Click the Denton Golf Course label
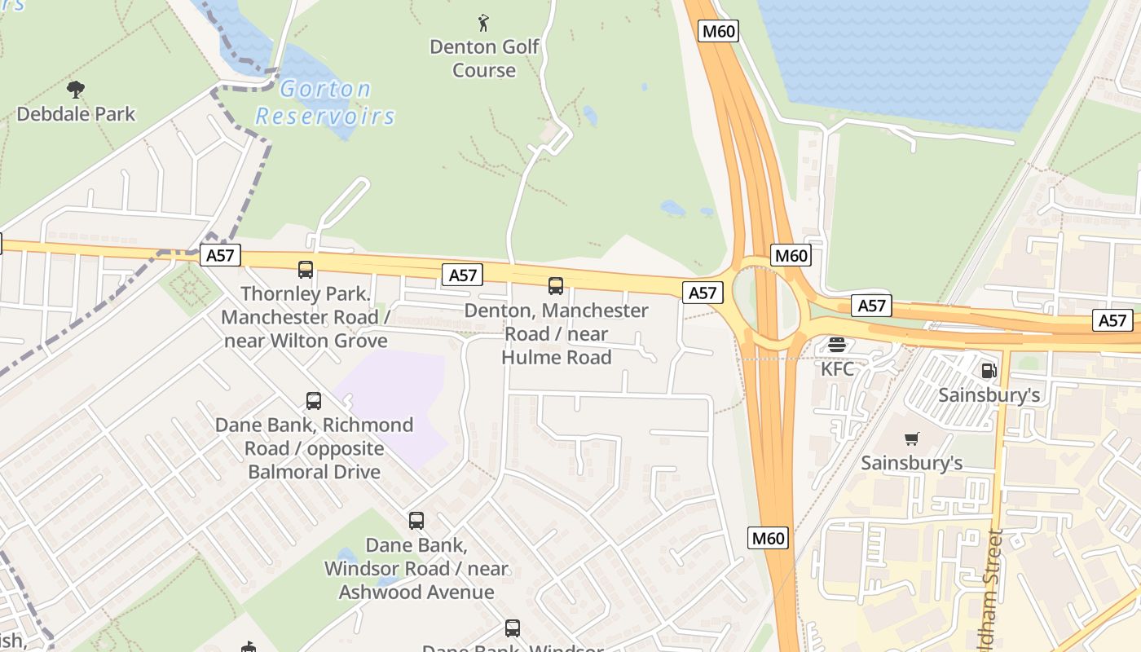click(484, 58)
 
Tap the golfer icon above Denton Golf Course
click(483, 23)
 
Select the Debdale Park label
click(76, 113)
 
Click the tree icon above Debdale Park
click(76, 89)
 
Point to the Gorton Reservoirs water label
click(325, 102)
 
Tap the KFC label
click(837, 368)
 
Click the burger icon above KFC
click(837, 345)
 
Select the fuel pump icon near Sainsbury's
click(989, 371)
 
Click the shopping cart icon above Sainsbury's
click(912, 439)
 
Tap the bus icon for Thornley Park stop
click(306, 269)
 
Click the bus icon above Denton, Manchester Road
click(556, 286)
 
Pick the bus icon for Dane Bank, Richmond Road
click(314, 400)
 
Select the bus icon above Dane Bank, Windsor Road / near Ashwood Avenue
click(416, 520)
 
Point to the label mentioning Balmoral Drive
click(314, 448)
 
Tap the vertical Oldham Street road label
click(993, 587)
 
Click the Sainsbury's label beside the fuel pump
click(989, 395)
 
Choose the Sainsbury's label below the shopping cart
click(912, 463)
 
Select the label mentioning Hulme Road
click(556, 333)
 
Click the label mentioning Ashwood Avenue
click(416, 568)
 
